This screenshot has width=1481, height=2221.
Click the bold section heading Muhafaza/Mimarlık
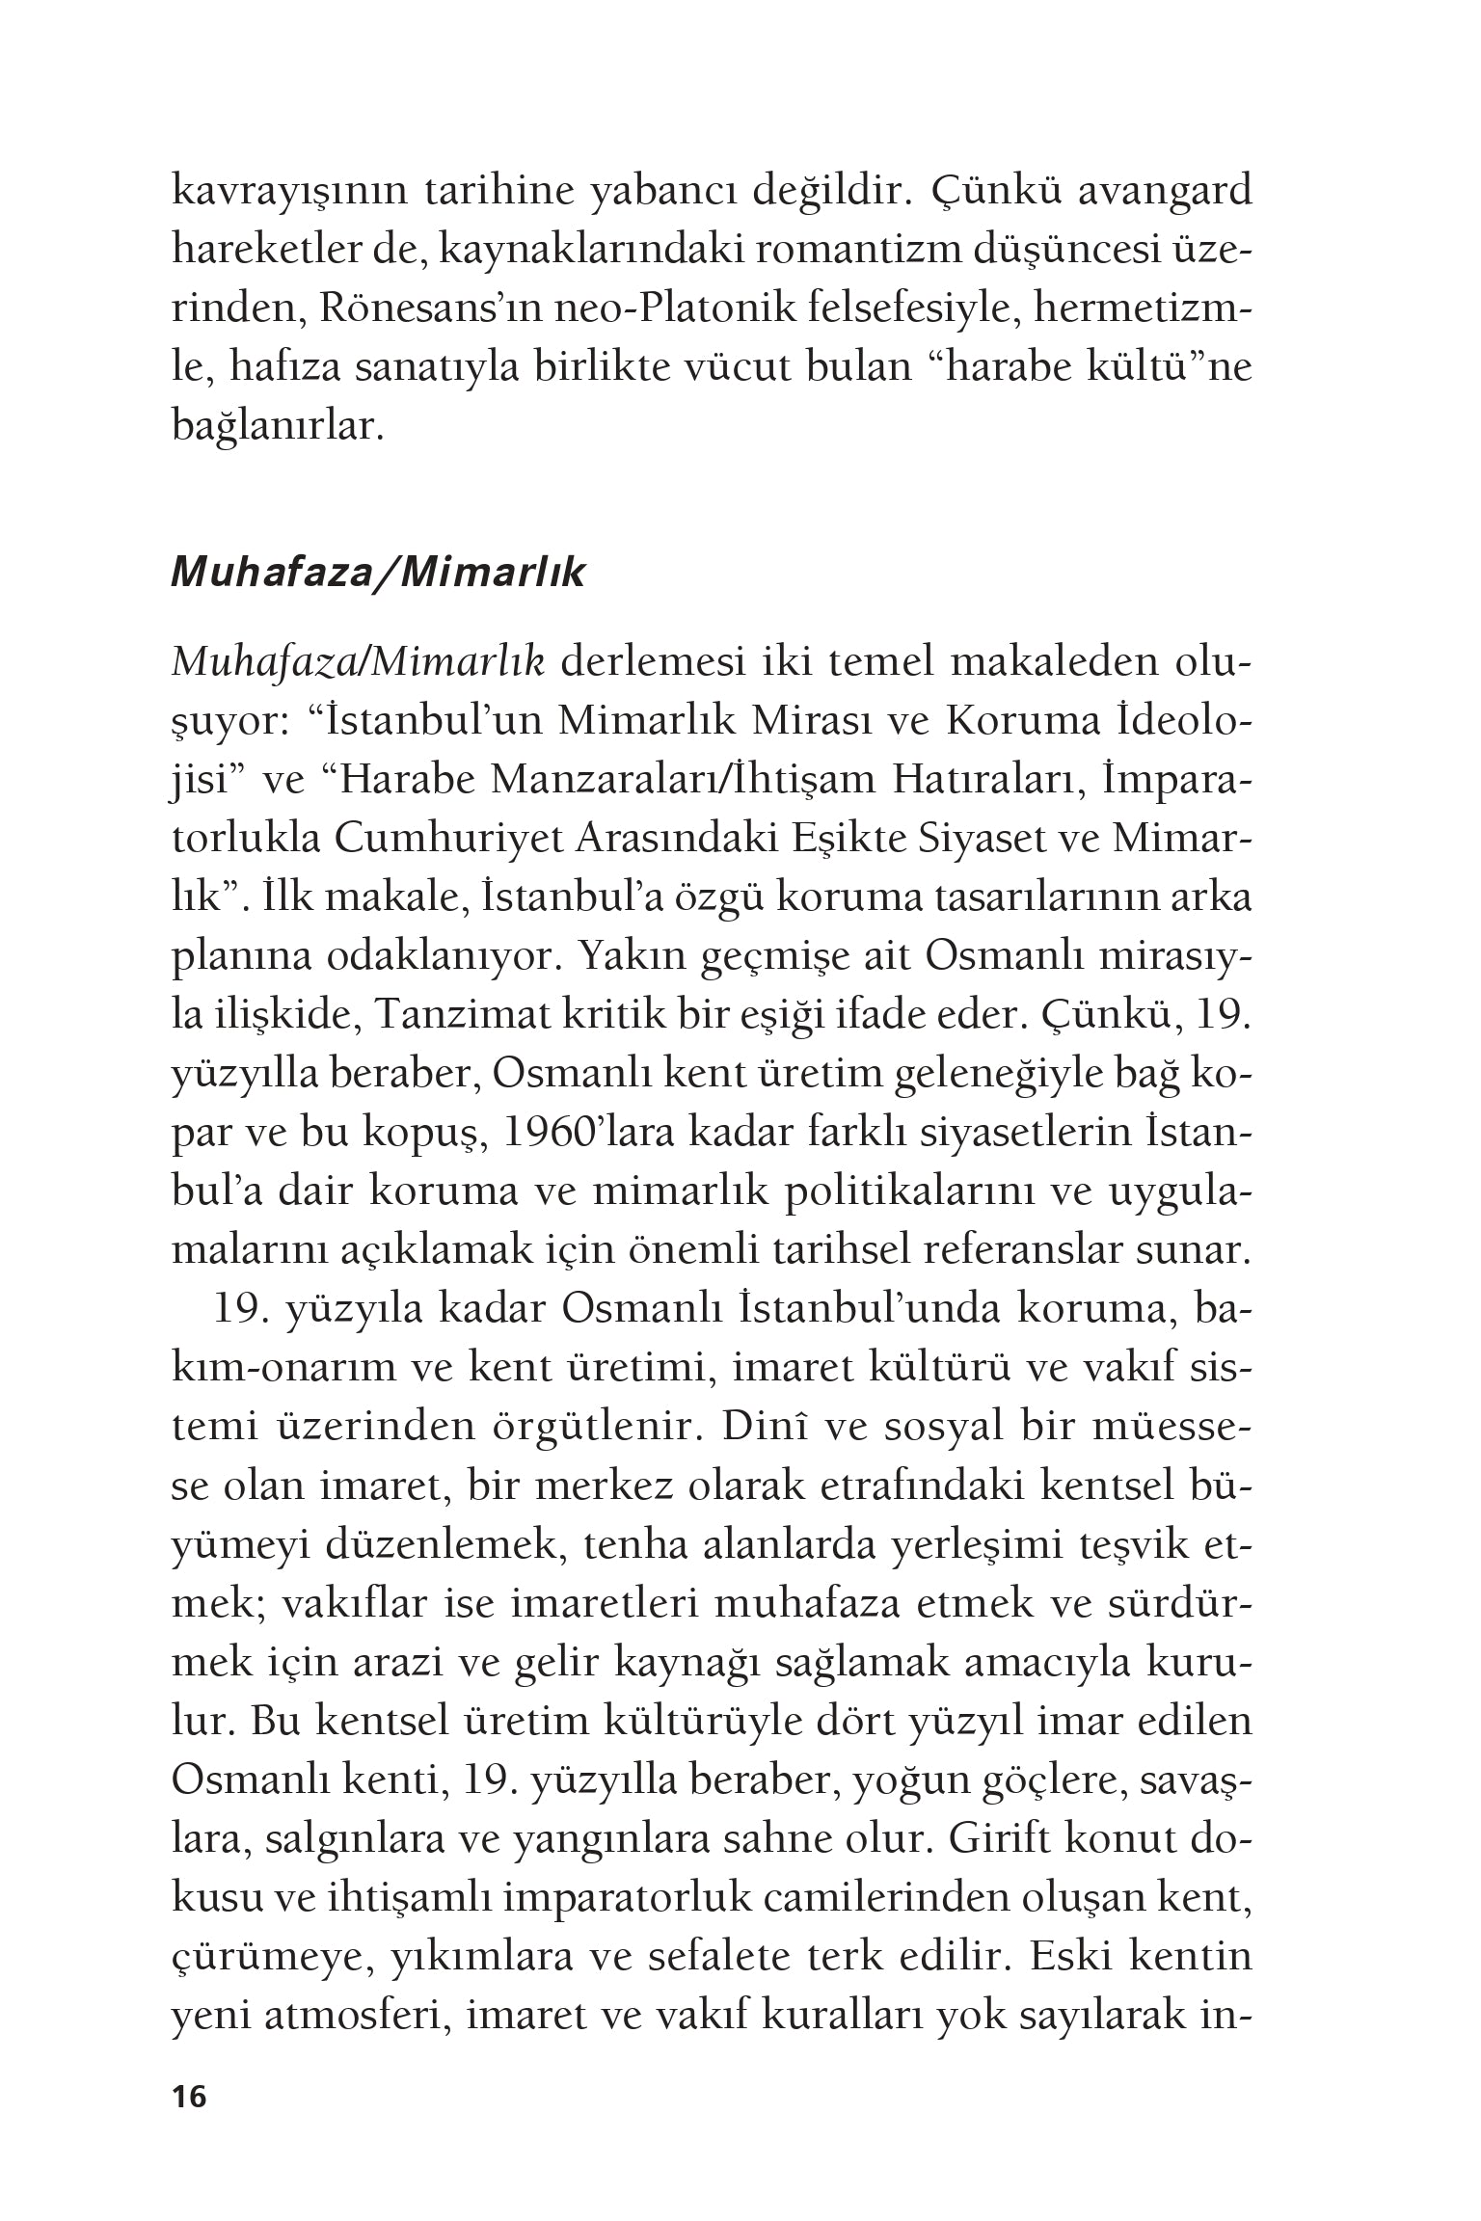[x=377, y=574]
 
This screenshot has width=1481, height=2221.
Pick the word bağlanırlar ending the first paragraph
[x=278, y=427]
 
